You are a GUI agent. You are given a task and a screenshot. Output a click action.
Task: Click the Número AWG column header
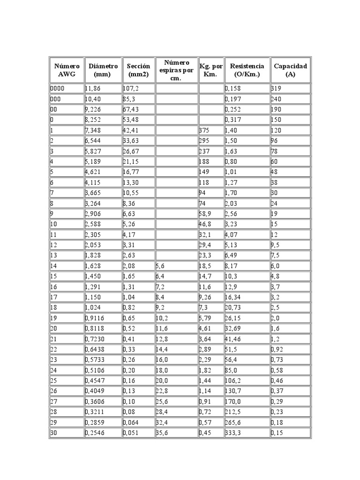coord(67,70)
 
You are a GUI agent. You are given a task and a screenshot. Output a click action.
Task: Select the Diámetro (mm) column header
coord(103,70)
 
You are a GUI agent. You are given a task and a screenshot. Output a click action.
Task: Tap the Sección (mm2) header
coord(139,70)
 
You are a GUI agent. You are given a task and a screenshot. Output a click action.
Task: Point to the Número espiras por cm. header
coord(177,70)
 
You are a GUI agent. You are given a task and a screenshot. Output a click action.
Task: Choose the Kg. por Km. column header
coord(211,70)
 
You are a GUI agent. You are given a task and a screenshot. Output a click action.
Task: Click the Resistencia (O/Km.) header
coord(247,70)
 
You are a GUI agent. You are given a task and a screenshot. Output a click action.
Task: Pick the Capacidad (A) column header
coord(291,70)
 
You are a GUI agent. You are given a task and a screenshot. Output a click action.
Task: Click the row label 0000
coord(58,89)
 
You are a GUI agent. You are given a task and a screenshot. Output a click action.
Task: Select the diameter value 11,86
coord(93,89)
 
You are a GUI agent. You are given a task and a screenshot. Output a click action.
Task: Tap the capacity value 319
coord(277,89)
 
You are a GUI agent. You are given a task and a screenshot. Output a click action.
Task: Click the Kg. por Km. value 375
coord(204,130)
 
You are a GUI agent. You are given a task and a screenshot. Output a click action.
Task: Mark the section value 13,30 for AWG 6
coord(131,182)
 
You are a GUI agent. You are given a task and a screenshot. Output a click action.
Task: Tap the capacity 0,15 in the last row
coord(277,433)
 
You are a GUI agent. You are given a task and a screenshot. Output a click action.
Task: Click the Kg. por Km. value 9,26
coord(206,297)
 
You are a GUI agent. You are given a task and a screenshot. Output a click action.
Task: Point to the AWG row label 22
coord(53,349)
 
